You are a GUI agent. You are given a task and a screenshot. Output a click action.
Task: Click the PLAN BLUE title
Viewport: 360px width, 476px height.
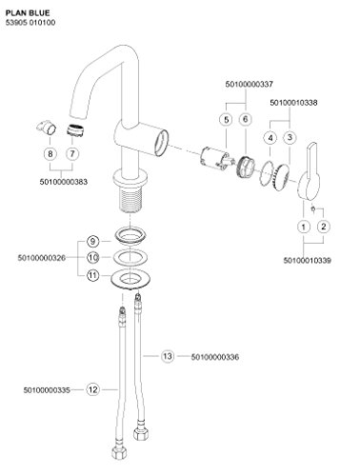(28, 13)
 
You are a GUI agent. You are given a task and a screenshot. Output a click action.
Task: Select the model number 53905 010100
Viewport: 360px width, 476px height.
(30, 23)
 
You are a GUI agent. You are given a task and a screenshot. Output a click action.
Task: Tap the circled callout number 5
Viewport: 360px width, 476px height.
(227, 120)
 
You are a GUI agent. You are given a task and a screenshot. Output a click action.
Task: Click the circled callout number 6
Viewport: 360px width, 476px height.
(245, 119)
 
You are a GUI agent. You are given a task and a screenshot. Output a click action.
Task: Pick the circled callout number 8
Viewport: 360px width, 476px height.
(50, 154)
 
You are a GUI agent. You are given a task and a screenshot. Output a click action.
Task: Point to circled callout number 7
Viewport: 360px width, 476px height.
(72, 154)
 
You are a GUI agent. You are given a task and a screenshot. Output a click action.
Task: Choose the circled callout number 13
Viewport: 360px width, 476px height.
(168, 356)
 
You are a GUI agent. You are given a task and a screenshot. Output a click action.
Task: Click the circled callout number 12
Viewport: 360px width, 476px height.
(93, 389)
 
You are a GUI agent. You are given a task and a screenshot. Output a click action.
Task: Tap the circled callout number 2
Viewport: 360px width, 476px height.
(324, 227)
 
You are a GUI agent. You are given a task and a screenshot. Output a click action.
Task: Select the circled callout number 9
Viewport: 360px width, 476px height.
(92, 242)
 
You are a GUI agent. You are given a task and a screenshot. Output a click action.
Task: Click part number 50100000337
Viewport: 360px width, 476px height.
(250, 85)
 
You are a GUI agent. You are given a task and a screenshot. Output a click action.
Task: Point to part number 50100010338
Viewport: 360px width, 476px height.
(293, 103)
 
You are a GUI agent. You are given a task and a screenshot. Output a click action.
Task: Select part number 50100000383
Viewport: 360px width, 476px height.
(64, 182)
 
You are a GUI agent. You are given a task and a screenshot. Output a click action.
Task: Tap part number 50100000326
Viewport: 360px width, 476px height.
(42, 258)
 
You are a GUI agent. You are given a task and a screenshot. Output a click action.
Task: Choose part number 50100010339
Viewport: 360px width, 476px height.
(308, 261)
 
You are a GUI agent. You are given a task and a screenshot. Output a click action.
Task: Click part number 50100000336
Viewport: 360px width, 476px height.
(215, 357)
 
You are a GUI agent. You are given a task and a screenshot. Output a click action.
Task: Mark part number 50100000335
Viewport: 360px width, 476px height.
(47, 389)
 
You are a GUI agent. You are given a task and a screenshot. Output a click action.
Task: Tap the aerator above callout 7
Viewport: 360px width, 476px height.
(75, 130)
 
